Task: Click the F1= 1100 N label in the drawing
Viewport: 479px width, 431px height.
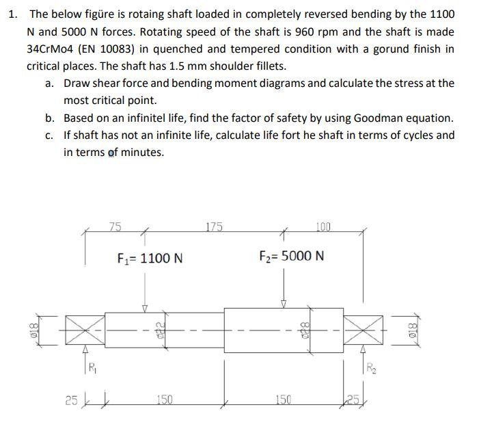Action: click(150, 258)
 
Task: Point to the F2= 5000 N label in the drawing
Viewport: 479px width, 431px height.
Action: click(292, 257)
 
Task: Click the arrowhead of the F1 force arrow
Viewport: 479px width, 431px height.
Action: click(144, 306)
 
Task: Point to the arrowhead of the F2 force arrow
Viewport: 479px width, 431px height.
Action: click(284, 303)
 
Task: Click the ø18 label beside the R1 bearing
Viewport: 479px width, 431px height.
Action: click(31, 329)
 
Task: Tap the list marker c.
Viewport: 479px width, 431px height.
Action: click(50, 135)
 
